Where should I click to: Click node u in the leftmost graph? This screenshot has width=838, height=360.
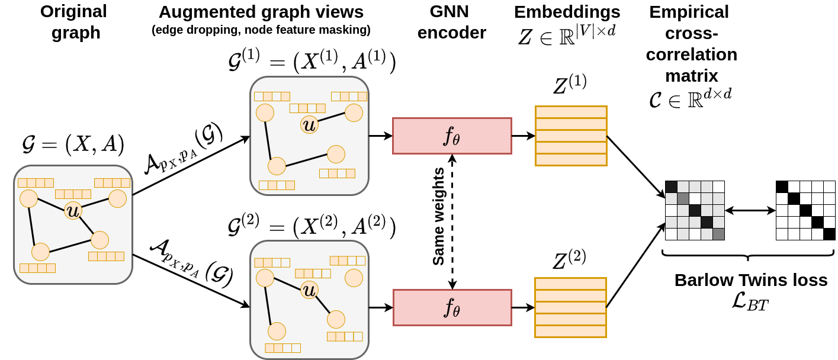tap(73, 210)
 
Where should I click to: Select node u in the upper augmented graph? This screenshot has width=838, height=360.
tap(309, 124)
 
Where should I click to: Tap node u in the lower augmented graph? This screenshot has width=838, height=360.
tap(309, 290)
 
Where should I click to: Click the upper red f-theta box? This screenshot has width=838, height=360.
tap(452, 136)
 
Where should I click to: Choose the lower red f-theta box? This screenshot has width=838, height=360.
tap(452, 307)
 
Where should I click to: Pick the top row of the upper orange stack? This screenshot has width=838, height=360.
tap(571, 112)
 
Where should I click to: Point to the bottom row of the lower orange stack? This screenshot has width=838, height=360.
tap(570, 331)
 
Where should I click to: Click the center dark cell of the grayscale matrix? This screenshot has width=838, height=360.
tap(695, 210)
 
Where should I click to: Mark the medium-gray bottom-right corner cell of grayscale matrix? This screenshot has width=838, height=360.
tap(718, 234)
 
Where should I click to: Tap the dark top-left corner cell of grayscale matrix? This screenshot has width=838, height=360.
tap(671, 187)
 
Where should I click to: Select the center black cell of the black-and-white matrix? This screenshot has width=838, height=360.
tap(805, 210)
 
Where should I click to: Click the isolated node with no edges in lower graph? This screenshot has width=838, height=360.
tap(354, 278)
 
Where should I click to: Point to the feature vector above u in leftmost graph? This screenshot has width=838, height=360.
tap(73, 194)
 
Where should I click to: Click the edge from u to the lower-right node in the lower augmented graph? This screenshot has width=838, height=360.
tap(323, 304)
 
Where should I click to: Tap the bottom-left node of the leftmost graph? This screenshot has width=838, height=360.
tap(40, 252)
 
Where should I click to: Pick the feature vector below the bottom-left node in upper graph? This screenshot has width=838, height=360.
tap(277, 185)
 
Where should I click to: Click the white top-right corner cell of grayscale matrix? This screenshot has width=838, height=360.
tap(718, 187)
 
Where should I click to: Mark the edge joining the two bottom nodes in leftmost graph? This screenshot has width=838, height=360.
tap(70, 246)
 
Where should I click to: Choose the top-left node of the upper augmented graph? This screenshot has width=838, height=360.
tap(265, 112)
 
